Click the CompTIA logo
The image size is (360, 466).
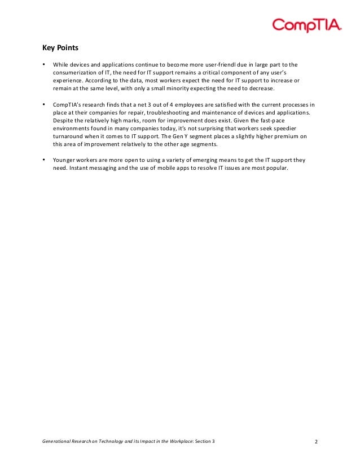point(307,25)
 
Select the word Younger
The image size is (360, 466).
point(65,160)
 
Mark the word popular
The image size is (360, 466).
point(279,168)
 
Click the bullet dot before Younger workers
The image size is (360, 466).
point(44,160)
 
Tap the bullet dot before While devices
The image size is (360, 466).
point(44,64)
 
